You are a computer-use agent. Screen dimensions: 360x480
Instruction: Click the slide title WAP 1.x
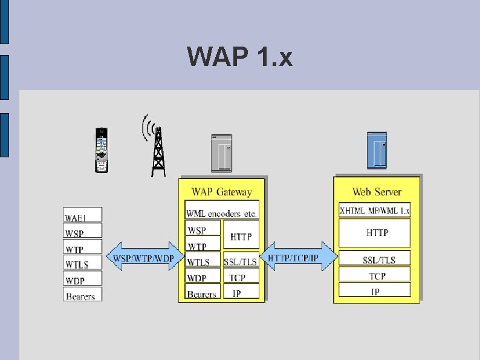click(240, 57)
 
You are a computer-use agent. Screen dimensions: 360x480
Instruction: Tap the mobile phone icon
click(102, 150)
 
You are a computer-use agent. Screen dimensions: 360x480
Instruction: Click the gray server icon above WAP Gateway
click(220, 154)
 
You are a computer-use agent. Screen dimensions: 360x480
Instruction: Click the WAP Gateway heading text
click(221, 192)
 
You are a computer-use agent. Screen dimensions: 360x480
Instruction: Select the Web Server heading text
click(377, 192)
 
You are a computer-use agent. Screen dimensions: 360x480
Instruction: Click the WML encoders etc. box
click(222, 214)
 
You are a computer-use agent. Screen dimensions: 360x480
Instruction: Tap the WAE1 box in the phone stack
click(83, 215)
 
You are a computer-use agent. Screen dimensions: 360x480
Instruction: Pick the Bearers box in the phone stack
click(83, 296)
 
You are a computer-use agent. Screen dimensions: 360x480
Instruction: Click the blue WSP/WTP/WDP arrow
click(145, 258)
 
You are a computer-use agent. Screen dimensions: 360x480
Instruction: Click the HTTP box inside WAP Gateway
click(241, 237)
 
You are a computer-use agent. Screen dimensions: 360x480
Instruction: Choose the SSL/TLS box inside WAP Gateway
click(241, 261)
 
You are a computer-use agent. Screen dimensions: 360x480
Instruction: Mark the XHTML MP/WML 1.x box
click(375, 211)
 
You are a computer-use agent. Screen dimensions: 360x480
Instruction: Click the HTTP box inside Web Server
click(375, 232)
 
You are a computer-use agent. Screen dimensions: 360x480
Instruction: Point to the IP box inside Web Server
click(375, 292)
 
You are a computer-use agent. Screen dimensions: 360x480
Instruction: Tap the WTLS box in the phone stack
click(83, 264)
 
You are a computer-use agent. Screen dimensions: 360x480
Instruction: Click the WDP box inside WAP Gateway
click(202, 278)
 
